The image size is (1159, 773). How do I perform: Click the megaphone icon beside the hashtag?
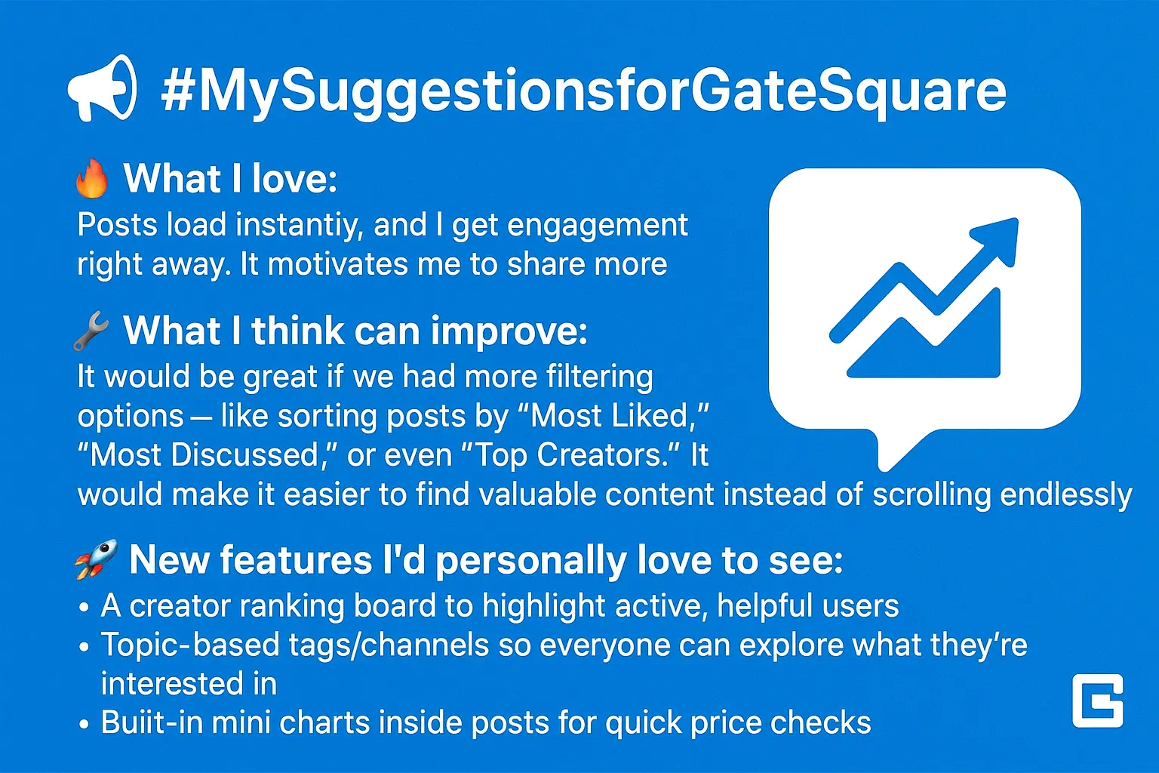click(x=103, y=88)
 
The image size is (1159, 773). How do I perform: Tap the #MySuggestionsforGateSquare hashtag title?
click(x=583, y=92)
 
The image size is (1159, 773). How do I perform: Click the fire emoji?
click(x=92, y=178)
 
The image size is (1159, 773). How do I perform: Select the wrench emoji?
click(x=91, y=331)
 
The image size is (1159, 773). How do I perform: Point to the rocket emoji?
click(x=97, y=559)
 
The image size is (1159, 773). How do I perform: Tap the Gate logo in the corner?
click(x=1098, y=701)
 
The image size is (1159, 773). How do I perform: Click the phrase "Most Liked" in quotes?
click(x=613, y=415)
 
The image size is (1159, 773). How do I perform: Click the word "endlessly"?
click(x=1066, y=495)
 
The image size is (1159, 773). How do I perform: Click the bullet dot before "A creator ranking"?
click(x=84, y=608)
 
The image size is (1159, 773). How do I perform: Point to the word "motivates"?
click(x=338, y=264)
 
